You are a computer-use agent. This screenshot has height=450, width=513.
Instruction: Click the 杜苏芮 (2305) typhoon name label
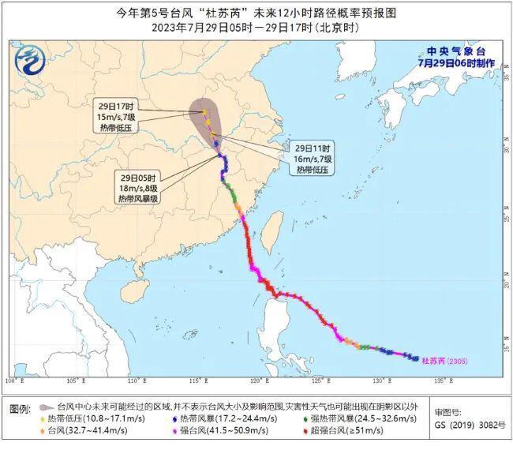446,362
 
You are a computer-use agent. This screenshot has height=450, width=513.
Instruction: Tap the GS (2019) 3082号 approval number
470,425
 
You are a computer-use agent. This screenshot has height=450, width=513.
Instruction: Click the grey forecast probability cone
208,120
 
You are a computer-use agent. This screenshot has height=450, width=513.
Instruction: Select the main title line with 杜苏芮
256,12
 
